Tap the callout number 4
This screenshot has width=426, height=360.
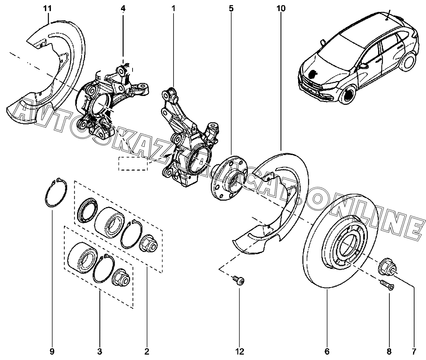point(123,8)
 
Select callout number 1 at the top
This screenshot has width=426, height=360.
point(173,8)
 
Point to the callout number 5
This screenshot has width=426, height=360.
point(231,8)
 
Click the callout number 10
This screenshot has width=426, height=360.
point(281,8)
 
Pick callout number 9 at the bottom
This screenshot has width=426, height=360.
point(52,350)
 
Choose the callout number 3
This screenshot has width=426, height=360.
point(100,350)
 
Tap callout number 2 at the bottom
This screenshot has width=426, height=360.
point(147,350)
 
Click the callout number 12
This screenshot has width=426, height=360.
point(240,350)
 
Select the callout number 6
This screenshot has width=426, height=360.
point(327,350)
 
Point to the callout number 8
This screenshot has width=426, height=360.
point(389,350)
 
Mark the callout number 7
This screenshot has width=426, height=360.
point(415,350)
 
